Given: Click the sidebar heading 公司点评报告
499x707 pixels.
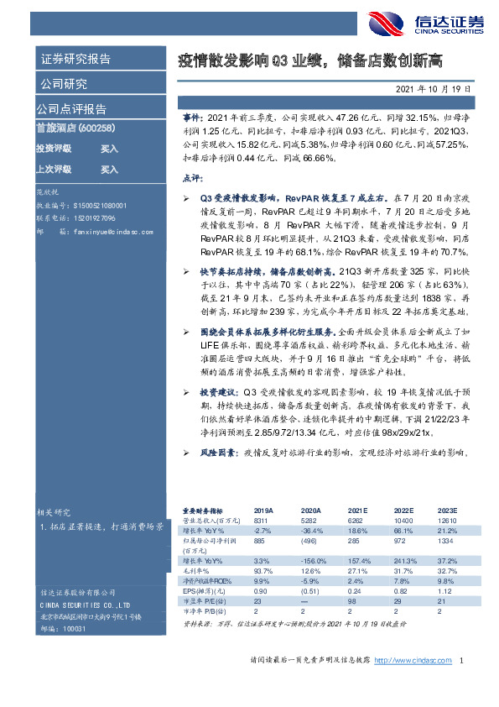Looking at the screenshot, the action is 71,109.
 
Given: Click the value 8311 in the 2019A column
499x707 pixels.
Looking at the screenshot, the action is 262,521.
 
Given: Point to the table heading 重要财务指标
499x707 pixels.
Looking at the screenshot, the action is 203,511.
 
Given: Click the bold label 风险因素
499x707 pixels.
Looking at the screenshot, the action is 216,453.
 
